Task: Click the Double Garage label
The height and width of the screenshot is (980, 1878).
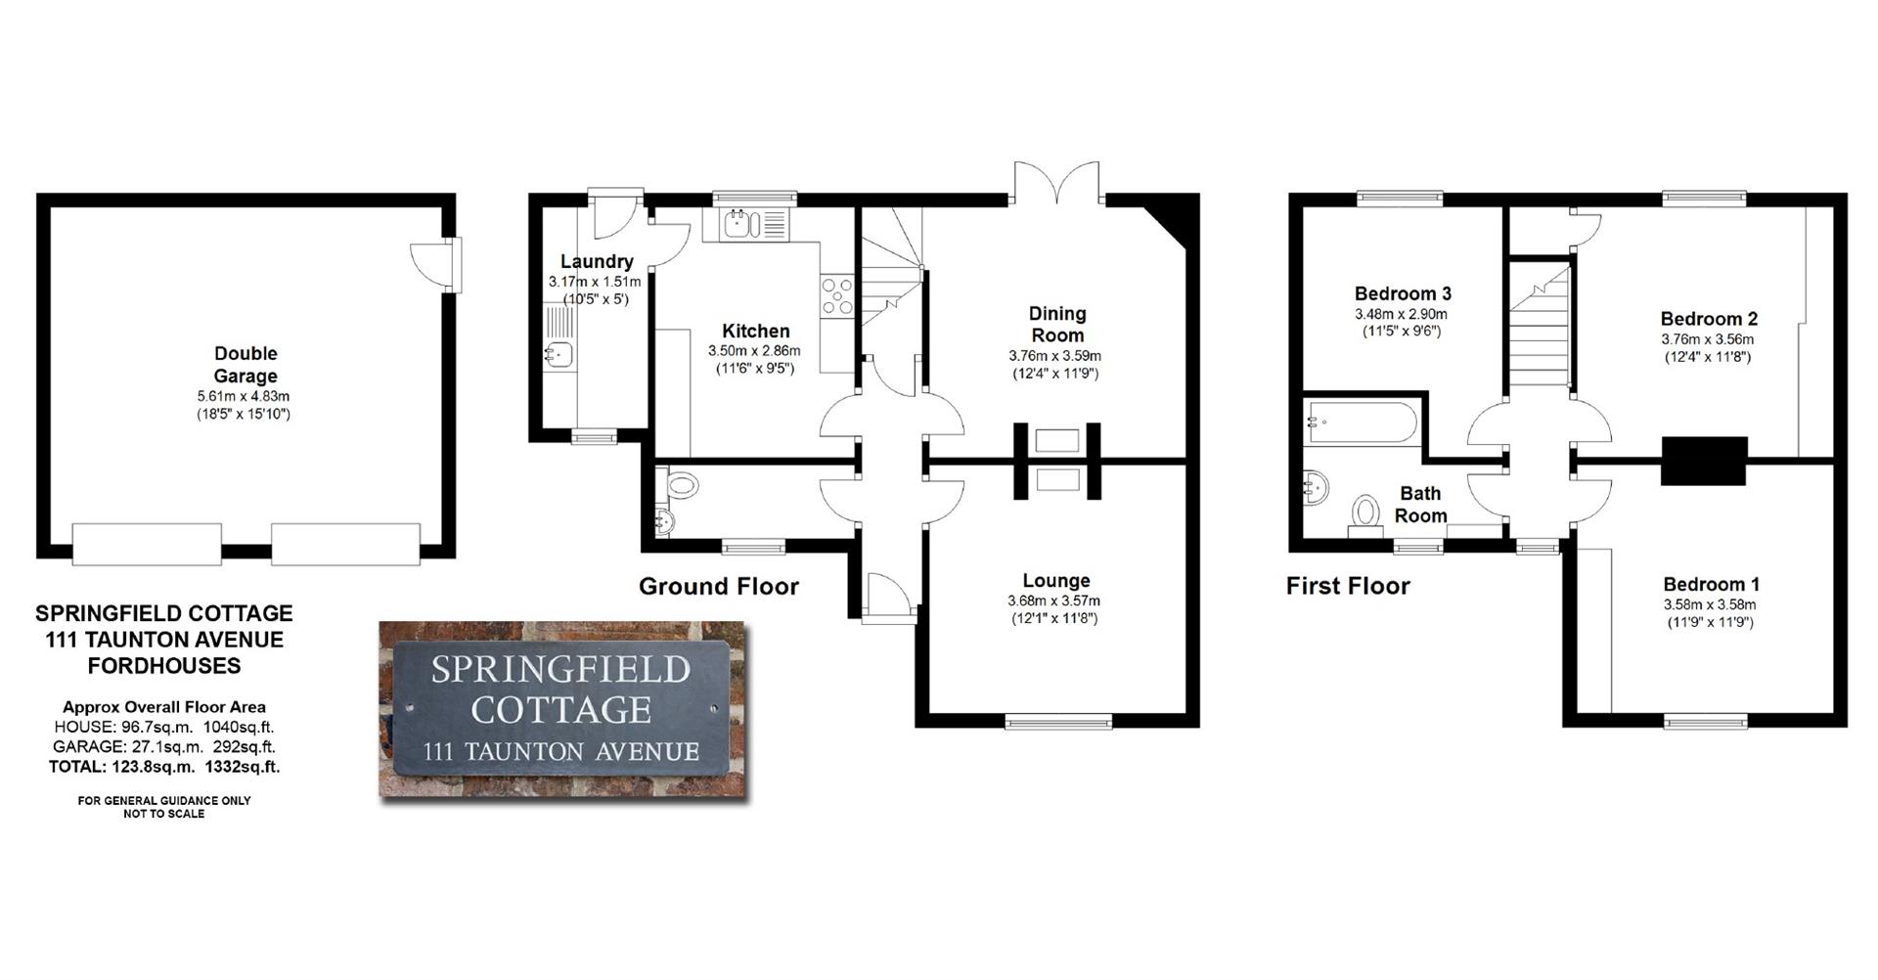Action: click(x=246, y=365)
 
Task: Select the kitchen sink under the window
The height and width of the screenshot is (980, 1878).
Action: click(x=738, y=226)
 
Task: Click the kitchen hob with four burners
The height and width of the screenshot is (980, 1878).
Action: click(x=837, y=296)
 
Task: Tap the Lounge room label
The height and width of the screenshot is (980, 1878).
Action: click(x=1055, y=581)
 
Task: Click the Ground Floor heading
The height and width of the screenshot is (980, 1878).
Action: click(x=718, y=587)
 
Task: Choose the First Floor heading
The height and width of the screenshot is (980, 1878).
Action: click(x=1347, y=587)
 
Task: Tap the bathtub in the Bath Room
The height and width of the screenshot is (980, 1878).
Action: click(x=1361, y=423)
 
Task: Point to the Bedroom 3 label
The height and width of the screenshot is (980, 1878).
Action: click(x=1402, y=293)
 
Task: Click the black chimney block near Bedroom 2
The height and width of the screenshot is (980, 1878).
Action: click(x=1704, y=461)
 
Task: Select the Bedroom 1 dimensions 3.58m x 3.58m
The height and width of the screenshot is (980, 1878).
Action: click(x=1711, y=605)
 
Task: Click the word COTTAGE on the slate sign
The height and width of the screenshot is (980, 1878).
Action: click(x=561, y=710)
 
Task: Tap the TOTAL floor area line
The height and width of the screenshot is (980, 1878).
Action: click(x=164, y=767)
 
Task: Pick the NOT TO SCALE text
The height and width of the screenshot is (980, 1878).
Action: click(x=163, y=814)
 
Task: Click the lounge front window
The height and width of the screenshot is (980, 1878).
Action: click(x=1058, y=722)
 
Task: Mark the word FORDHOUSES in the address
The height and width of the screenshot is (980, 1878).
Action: click(x=164, y=666)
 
